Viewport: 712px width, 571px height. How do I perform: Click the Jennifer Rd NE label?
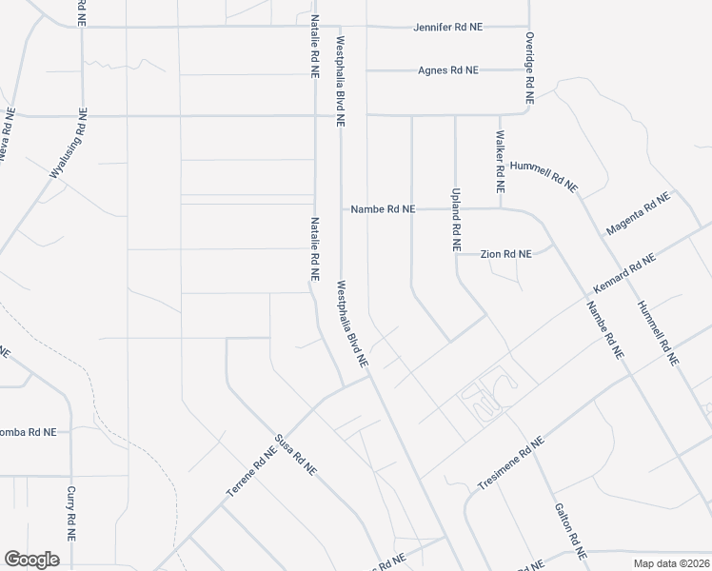pyautogui.click(x=447, y=27)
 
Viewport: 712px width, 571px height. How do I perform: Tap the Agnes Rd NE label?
pyautogui.click(x=448, y=70)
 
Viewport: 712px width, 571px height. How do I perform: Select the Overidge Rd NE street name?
pyautogui.click(x=530, y=69)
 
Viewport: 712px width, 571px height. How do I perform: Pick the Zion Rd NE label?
pyautogui.click(x=504, y=254)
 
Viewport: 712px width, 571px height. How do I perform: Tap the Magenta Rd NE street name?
pyautogui.click(x=638, y=214)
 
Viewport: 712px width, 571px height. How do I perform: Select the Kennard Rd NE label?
pyautogui.click(x=623, y=274)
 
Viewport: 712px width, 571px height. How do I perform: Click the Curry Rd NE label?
pyautogui.click(x=71, y=515)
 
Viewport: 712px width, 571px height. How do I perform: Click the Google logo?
pyautogui.click(x=31, y=559)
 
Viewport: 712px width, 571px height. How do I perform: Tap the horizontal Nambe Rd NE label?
pyautogui.click(x=383, y=209)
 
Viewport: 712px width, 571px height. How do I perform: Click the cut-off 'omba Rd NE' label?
pyautogui.click(x=29, y=431)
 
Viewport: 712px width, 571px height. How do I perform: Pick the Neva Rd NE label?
pyautogui.click(x=6, y=139)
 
